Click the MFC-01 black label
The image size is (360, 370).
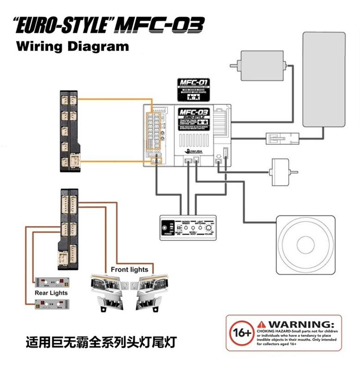coord(193,89)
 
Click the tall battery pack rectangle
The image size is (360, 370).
coord(324,79)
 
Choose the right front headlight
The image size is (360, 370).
coord(150,289)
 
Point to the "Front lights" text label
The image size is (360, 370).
coord(130,269)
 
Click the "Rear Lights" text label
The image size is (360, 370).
coord(51,293)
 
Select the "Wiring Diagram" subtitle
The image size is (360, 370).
coord(72,46)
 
